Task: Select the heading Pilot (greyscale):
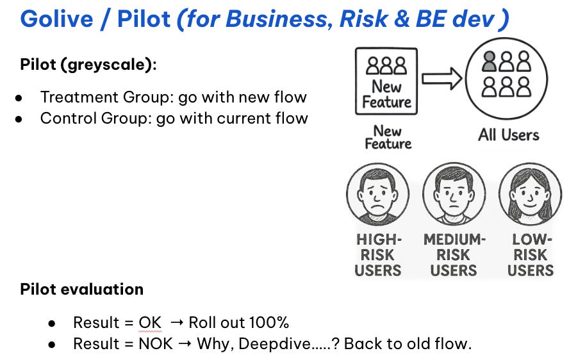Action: coord(88,65)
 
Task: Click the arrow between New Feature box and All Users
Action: coord(442,80)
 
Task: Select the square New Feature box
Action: coord(386,82)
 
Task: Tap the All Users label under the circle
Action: coord(508,135)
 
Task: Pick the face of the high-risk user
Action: coord(377,193)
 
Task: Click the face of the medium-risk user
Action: coord(454,193)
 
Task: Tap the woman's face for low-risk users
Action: coord(530,193)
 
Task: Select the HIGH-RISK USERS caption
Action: coord(377,255)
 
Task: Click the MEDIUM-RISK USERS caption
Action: coord(454,255)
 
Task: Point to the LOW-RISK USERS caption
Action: coord(530,255)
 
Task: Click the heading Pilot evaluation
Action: coord(82,290)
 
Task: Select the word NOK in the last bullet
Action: coord(156,344)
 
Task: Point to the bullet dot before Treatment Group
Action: coord(19,98)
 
